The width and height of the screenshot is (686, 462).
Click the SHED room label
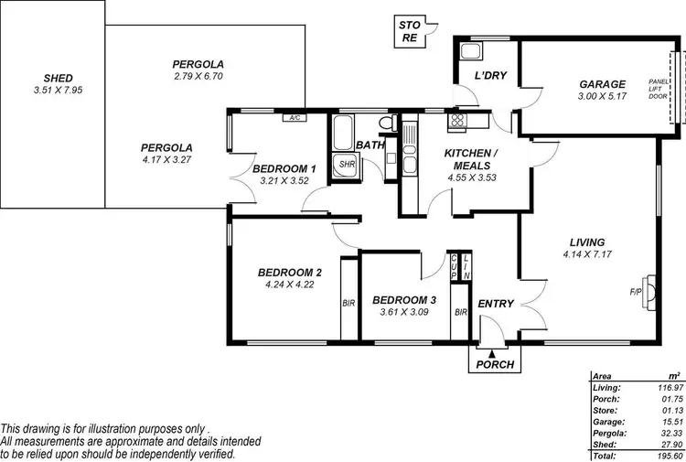click(x=52, y=78)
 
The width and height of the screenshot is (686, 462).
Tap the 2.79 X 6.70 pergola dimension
click(x=198, y=77)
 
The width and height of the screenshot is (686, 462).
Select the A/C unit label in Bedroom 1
click(x=295, y=118)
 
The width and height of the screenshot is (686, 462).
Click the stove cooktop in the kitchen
click(x=456, y=119)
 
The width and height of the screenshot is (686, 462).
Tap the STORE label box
click(x=409, y=31)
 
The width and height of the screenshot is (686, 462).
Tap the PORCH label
click(x=495, y=364)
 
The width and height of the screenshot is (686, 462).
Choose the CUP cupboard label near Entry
click(x=455, y=266)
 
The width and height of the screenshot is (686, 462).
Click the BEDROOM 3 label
click(x=403, y=300)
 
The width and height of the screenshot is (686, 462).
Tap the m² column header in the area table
click(x=674, y=376)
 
